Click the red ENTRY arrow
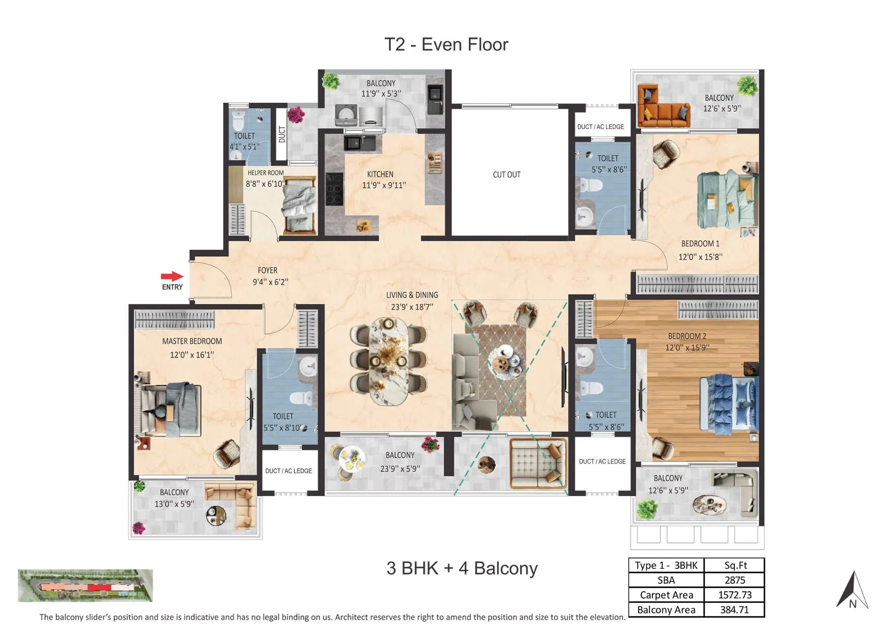172,276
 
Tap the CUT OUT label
506,175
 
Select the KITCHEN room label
380,174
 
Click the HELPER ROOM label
266,173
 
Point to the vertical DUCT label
282,134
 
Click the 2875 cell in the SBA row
734,580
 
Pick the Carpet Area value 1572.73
734,595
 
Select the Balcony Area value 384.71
734,610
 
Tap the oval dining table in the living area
388,361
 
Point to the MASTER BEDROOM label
192,341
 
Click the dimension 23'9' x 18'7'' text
412,307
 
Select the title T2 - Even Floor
446,45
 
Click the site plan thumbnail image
85,585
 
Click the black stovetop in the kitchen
334,189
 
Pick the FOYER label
267,270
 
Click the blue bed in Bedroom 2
728,402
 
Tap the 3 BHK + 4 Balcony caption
462,568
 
